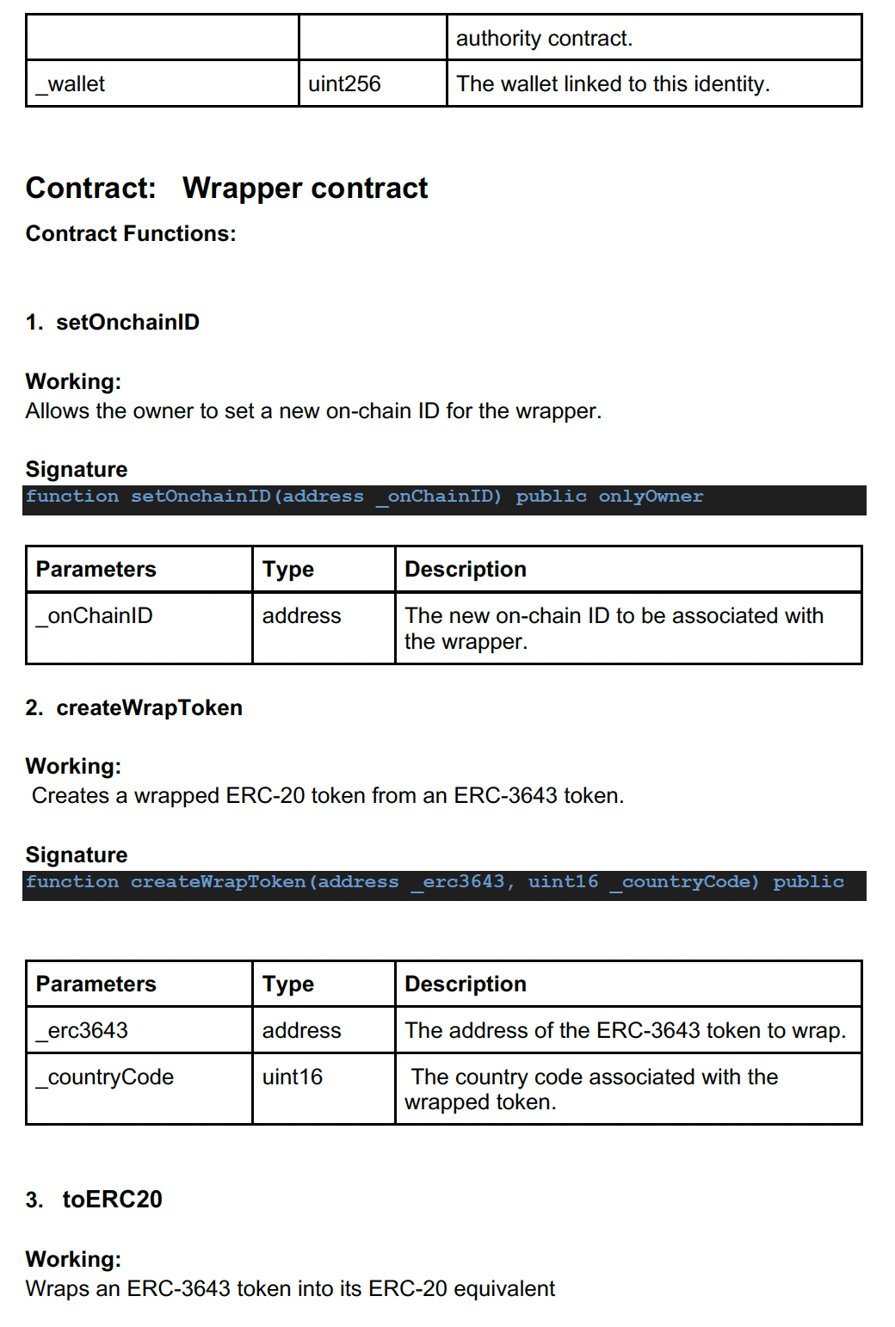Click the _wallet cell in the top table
(x=71, y=84)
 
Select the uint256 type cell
(x=344, y=84)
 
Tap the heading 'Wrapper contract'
(x=305, y=188)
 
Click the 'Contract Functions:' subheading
(x=131, y=234)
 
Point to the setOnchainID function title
(x=127, y=323)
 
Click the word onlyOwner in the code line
(x=651, y=497)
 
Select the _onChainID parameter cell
(x=95, y=616)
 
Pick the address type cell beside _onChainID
(x=301, y=616)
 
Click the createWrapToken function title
(x=149, y=708)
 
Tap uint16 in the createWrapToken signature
(x=563, y=882)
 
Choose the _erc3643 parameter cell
(x=82, y=1031)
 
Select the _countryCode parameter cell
(x=105, y=1077)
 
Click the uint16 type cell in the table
(x=293, y=1077)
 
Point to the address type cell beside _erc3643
(x=301, y=1031)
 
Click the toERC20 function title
(x=112, y=1200)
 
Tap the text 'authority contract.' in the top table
(x=544, y=39)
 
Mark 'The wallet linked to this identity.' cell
(x=613, y=84)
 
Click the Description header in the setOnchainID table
(x=466, y=570)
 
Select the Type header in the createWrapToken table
(x=288, y=984)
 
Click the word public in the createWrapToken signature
(x=808, y=882)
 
